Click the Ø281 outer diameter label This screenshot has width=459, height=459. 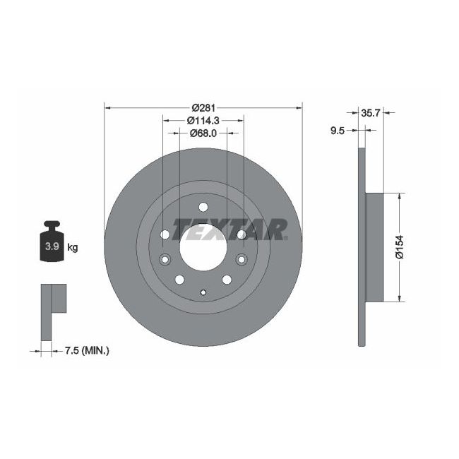click(203, 107)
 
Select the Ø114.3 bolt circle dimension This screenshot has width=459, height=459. click(203, 120)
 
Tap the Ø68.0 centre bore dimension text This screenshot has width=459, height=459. click(203, 132)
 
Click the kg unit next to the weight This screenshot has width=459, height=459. click(72, 247)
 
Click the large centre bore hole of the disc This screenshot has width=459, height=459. click(203, 246)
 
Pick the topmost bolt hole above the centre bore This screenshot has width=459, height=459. click(203, 207)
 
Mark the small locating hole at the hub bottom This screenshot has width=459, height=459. click(203, 292)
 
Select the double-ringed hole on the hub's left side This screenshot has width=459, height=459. click(165, 258)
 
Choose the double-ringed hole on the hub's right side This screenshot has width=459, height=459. click(242, 258)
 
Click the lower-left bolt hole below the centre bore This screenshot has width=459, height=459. click(179, 279)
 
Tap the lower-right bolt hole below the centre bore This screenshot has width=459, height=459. click(227, 279)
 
